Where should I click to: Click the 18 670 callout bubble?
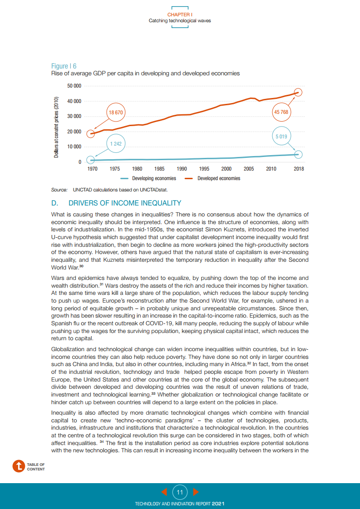point(115,112)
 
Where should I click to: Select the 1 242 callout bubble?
point(115,144)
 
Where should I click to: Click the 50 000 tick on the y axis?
point(74,86)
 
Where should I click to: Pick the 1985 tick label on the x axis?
point(159,169)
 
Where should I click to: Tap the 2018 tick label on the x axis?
point(298,169)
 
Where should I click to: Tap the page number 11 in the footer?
point(180,492)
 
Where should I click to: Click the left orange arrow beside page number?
point(164,492)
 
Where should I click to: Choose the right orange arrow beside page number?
point(196,492)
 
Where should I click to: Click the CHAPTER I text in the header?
point(180,15)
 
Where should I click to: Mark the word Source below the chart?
point(59,190)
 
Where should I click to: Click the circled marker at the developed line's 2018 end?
point(298,93)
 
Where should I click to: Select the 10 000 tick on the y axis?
point(74,147)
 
